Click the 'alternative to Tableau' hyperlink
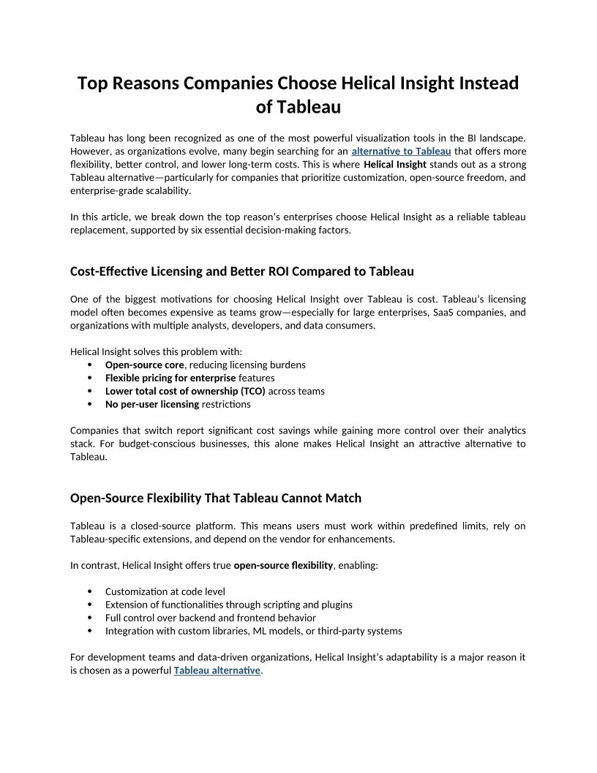[401, 151]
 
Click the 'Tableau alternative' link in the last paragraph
[217, 671]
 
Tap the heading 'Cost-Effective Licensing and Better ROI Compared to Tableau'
[242, 272]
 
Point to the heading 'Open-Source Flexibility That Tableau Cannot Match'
[216, 498]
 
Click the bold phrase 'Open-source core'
[144, 365]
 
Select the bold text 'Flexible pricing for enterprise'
[170, 378]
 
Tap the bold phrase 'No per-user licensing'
[152, 404]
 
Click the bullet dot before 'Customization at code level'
[89, 591]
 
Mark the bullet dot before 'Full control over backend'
[89, 618]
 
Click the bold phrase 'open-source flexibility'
[283, 565]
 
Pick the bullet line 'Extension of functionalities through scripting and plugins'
[228, 605]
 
